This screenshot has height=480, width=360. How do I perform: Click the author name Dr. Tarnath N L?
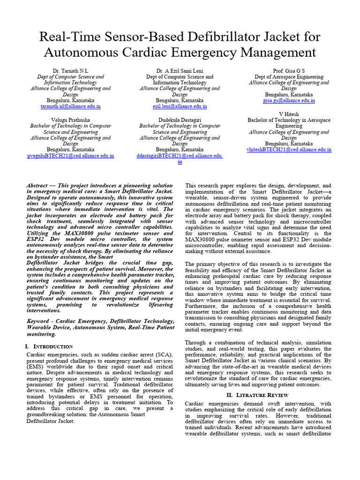(x=70, y=70)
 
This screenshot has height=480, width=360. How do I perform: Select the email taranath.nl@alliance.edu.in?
(x=70, y=107)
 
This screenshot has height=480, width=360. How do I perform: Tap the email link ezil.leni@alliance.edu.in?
(x=180, y=107)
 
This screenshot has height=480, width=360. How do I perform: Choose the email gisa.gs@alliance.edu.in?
(x=289, y=101)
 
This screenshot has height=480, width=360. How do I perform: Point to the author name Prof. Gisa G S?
(x=289, y=70)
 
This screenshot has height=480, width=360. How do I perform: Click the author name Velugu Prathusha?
(x=70, y=120)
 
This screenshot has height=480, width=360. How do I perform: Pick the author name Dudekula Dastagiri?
(x=180, y=120)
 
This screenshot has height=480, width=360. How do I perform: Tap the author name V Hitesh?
(x=289, y=114)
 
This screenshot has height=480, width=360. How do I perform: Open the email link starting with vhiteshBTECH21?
(x=289, y=150)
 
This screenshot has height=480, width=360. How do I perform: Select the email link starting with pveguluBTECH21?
(x=70, y=156)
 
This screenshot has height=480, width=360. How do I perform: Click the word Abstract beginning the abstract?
(x=37, y=186)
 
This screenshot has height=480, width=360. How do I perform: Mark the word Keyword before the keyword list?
(x=39, y=321)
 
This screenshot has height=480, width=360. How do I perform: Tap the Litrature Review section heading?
(x=257, y=395)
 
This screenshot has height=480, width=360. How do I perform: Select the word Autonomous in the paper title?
(x=94, y=52)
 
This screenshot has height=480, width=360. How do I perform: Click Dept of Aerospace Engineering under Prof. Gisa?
(x=289, y=76)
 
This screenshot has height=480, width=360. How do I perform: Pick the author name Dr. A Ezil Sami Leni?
(x=180, y=70)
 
